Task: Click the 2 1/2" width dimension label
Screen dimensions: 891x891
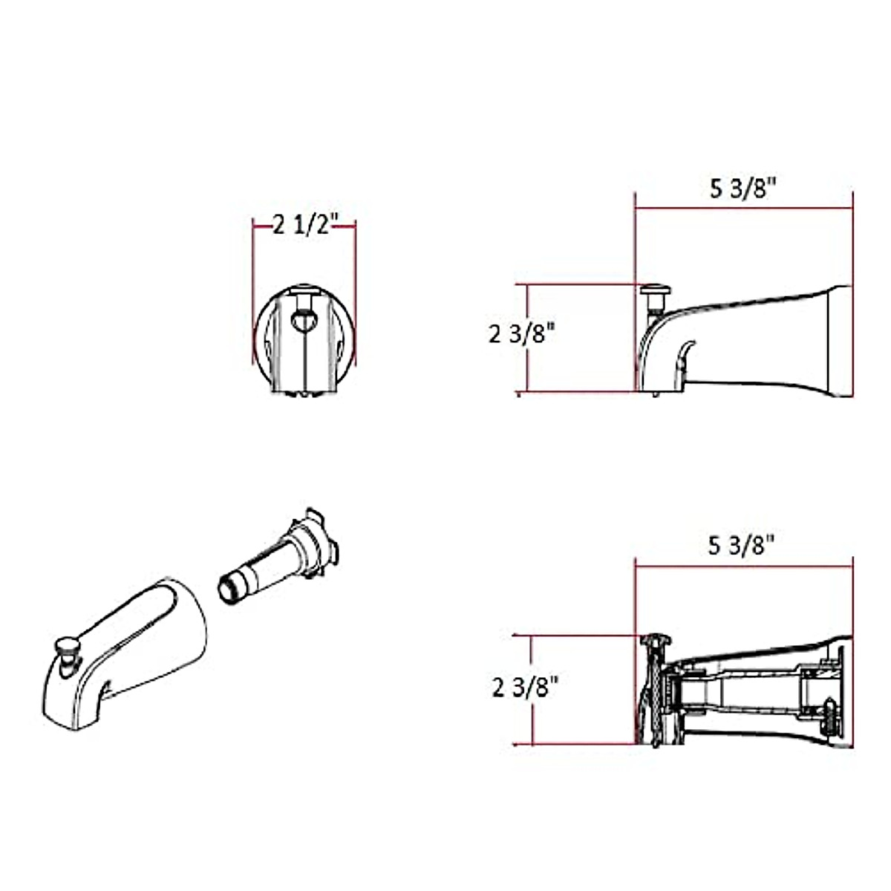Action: [305, 224]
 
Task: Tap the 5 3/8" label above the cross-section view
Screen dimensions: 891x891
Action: [742, 546]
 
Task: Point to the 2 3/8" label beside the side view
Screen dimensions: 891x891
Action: [522, 334]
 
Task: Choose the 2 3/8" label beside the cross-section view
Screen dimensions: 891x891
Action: [525, 688]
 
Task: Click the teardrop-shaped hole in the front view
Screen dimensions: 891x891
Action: [304, 322]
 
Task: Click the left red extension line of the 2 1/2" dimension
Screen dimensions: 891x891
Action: [253, 297]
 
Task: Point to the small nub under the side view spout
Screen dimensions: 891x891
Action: [654, 394]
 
